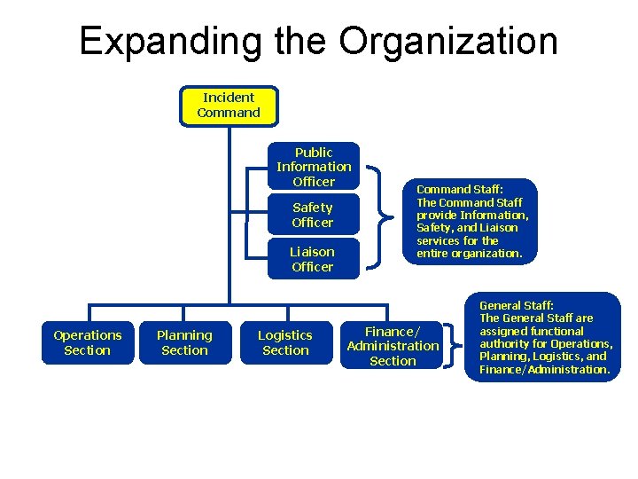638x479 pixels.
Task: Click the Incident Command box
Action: click(229, 106)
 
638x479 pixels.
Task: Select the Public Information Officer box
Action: click(314, 167)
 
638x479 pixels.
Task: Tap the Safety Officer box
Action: click(313, 215)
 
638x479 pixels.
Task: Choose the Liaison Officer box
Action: click(313, 259)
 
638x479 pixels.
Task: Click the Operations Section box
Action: click(88, 342)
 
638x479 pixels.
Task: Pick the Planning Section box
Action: click(184, 342)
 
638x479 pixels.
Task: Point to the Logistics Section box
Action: click(285, 342)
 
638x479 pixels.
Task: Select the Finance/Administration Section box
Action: click(393, 346)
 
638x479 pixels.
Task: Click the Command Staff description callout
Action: click(471, 221)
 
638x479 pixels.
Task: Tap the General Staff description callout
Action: click(544, 337)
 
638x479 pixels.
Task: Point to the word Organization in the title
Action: click(448, 42)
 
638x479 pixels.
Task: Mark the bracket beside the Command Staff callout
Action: click(380, 214)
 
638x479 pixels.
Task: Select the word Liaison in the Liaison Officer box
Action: click(313, 252)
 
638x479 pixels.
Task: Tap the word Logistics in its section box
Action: click(285, 335)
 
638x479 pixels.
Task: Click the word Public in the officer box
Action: click(314, 153)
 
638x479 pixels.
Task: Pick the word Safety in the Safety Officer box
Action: click(313, 208)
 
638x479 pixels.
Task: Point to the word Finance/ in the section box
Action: click(393, 331)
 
